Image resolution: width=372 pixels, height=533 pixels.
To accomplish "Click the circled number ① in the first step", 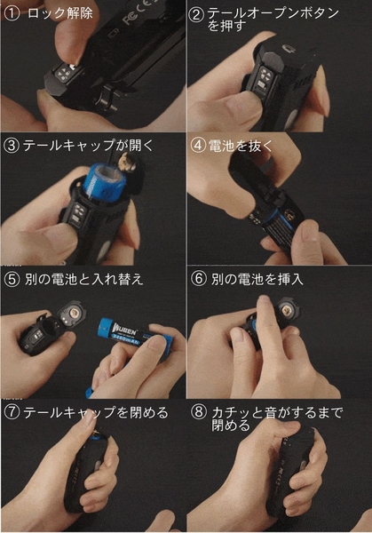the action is coord(12,14).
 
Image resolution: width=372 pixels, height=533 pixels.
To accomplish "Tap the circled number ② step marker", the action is coord(196,15).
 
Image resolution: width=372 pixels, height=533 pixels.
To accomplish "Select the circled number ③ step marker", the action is coord(12,147).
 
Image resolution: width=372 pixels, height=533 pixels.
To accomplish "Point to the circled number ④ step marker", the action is coord(198,146).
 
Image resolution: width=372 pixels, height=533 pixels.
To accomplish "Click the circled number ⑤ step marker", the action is coord(12,280).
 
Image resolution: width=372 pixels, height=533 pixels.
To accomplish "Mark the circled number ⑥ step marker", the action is coord(198,279).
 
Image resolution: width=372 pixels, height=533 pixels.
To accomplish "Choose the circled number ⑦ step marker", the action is coord(12,413).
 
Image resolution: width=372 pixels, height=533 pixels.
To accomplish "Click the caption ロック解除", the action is coord(59,13).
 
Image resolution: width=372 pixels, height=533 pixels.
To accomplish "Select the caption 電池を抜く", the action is coord(241,146).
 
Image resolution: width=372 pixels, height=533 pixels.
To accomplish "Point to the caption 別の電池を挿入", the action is coord(257,279).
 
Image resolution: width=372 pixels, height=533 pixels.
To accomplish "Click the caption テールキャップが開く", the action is coord(88,146).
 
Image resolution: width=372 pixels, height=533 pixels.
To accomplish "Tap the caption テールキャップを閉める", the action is coord(96,413).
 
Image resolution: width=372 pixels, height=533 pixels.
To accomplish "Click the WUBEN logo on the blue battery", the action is coord(123,330).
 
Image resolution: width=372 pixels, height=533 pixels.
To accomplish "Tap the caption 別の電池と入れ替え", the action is coord(83,280).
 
